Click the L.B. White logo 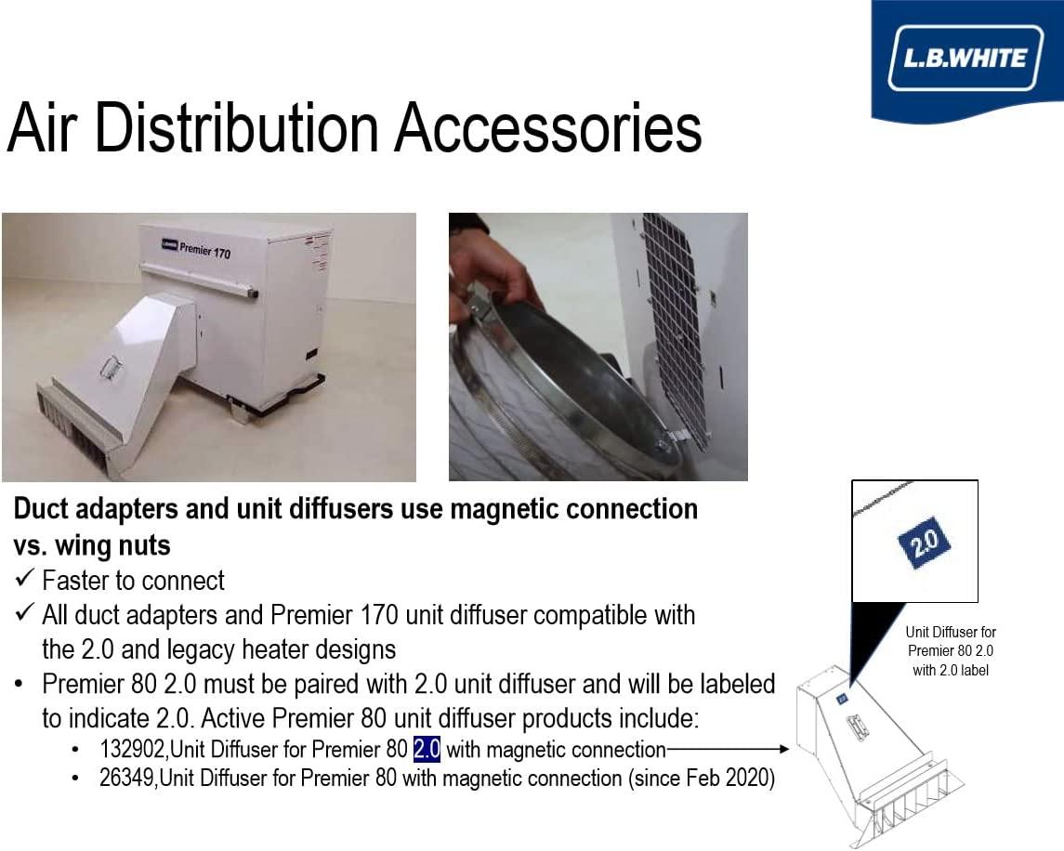[965, 59]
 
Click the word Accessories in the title [548, 127]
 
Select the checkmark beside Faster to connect [24, 578]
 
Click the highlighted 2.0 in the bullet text [427, 749]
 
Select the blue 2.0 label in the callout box [924, 541]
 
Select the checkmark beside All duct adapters [24, 613]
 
